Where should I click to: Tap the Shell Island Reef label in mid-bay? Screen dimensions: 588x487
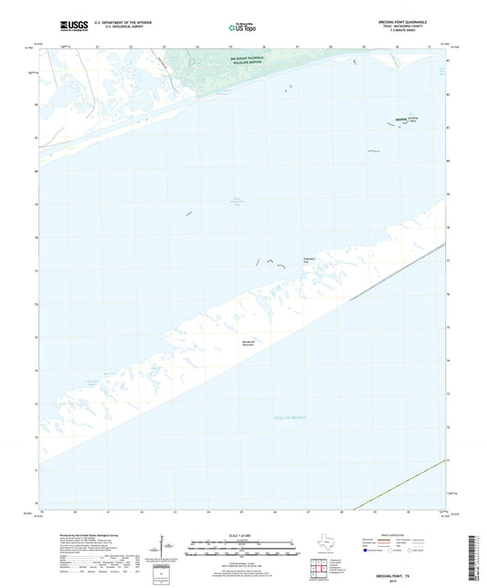tap(236, 202)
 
